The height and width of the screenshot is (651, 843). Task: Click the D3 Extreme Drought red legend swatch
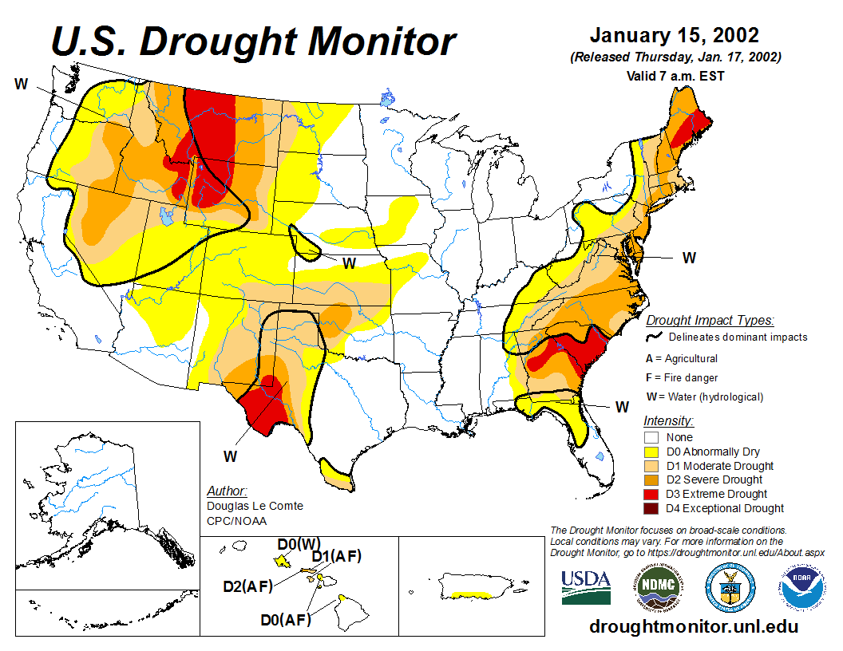click(651, 494)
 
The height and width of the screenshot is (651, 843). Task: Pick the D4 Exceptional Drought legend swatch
click(651, 508)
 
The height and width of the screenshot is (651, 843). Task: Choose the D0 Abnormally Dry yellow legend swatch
click(651, 452)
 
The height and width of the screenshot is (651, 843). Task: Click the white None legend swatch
click(651, 437)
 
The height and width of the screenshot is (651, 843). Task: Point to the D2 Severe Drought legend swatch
click(651, 479)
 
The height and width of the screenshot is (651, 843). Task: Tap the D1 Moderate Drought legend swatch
click(651, 466)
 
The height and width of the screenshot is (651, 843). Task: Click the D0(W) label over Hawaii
click(299, 544)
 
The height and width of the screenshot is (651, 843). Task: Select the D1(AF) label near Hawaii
click(336, 556)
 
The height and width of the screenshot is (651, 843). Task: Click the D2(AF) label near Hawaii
click(248, 586)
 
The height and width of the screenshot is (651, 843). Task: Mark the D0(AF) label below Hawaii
click(285, 618)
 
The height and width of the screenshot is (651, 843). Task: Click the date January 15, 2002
click(674, 36)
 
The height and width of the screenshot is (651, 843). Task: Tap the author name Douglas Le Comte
click(255, 506)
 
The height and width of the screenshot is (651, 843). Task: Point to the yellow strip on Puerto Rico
click(469, 594)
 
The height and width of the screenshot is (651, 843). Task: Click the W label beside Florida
click(622, 407)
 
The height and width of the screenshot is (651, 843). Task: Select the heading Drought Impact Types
click(710, 321)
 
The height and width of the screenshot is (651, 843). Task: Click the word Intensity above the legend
click(668, 420)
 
